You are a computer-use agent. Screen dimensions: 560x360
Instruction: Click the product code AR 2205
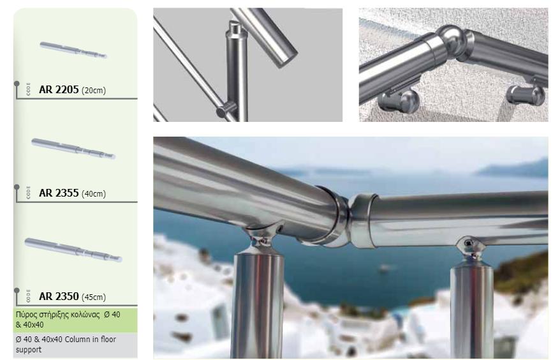pos(59,89)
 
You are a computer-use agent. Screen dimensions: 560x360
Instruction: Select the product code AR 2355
pos(59,193)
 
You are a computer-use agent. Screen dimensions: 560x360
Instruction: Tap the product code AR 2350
pos(59,296)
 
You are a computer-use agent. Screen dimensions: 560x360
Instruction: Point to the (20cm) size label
pos(94,90)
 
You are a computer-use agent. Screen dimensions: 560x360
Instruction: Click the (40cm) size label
pos(94,193)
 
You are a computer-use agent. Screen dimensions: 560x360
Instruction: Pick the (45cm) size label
pos(94,297)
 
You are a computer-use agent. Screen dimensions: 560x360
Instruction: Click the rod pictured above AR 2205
pos(73,50)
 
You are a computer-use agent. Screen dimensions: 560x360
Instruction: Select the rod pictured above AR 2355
pos(73,148)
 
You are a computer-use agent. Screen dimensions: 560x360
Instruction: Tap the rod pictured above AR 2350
pos(73,250)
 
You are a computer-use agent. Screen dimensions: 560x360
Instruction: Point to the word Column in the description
pos(78,339)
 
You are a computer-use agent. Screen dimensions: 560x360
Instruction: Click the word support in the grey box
pos(29,350)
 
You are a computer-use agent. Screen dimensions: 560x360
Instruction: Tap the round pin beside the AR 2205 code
pos(17,84)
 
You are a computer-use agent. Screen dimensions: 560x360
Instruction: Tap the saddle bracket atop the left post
pos(263,237)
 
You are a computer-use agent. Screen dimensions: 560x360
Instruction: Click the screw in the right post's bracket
pos(468,244)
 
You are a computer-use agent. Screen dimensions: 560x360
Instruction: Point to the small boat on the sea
pos(385,267)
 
